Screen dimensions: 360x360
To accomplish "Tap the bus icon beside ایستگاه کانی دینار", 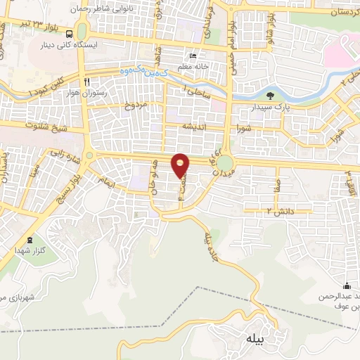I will click(70, 34).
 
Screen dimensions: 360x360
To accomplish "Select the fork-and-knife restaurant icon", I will click(86, 81).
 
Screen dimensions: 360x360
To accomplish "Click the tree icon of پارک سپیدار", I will click(271, 96).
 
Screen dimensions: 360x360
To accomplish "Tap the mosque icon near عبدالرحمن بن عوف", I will click(347, 285).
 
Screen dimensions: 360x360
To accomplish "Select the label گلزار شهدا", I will click(28, 250).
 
